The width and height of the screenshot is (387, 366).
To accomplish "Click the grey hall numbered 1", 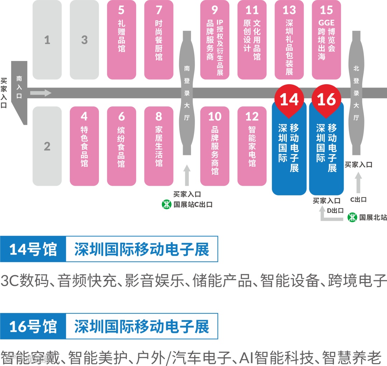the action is (x=47, y=39).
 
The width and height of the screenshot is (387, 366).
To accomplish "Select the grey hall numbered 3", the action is (x=84, y=39).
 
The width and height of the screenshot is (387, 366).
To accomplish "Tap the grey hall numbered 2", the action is (x=47, y=146).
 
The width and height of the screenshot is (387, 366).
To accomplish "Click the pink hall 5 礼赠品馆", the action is (x=121, y=39).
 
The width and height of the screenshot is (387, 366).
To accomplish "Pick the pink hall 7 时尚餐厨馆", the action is (x=159, y=39).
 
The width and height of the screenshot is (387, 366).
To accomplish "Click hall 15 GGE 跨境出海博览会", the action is (x=326, y=39).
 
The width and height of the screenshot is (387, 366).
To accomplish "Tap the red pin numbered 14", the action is (x=289, y=99).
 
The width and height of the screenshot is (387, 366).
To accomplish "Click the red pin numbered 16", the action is (x=326, y=99).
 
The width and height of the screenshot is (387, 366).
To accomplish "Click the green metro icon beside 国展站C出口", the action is (x=166, y=205).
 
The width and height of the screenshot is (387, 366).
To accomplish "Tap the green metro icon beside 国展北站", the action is (x=353, y=217).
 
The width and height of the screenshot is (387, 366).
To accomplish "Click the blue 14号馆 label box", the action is (x=33, y=249).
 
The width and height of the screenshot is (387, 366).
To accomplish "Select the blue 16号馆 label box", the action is (x=33, y=326).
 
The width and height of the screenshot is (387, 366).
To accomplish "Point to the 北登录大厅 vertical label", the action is (x=356, y=93).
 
